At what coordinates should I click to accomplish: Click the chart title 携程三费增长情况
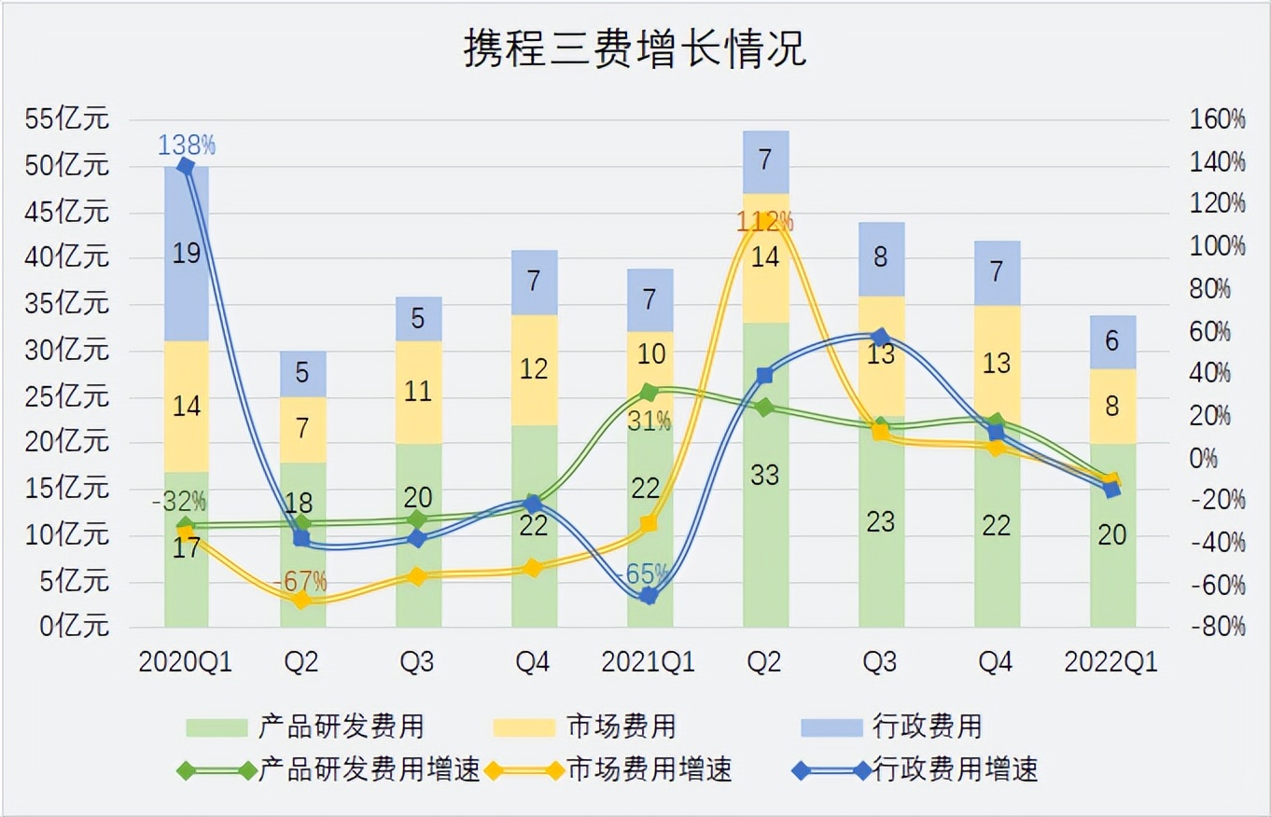(635, 49)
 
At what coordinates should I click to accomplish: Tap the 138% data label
(187, 145)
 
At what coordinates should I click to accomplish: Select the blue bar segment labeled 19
(187, 254)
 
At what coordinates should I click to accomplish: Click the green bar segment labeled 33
(765, 475)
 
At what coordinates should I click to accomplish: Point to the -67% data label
(300, 582)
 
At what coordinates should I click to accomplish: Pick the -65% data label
(648, 573)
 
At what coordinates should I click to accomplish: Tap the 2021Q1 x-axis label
(648, 662)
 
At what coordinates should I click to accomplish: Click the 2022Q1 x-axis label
(1111, 662)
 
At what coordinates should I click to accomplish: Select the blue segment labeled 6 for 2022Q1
(1112, 341)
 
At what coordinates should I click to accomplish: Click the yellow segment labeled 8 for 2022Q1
(1112, 407)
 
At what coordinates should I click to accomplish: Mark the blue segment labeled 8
(881, 257)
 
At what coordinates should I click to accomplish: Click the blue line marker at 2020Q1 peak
(186, 167)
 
